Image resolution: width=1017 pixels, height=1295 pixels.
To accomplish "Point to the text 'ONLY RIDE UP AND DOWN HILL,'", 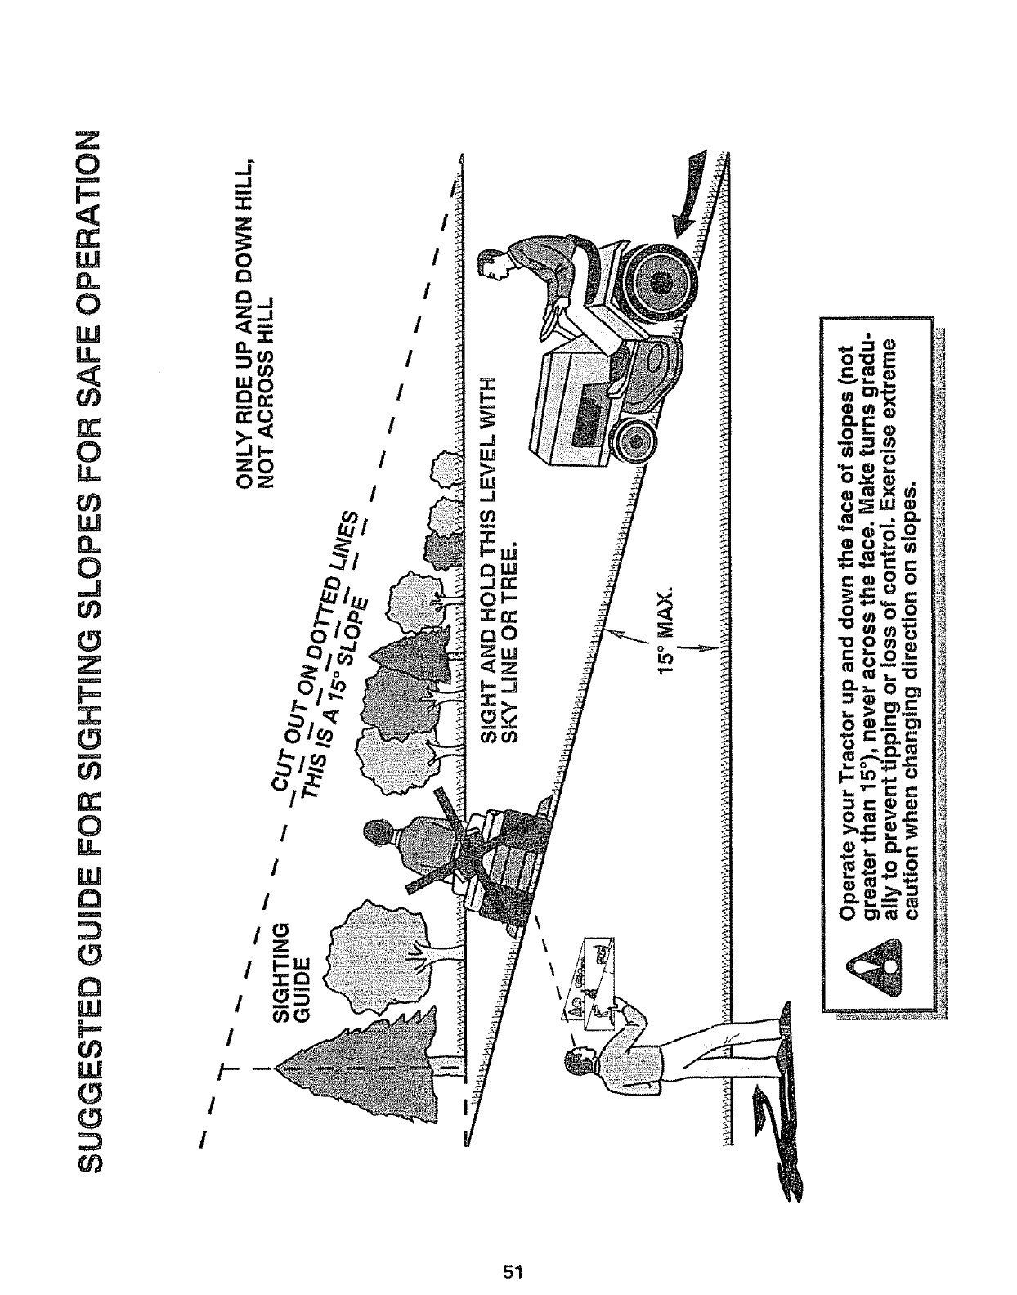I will (x=243, y=320).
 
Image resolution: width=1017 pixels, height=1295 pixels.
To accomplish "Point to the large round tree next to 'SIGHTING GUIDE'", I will (x=372, y=940).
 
